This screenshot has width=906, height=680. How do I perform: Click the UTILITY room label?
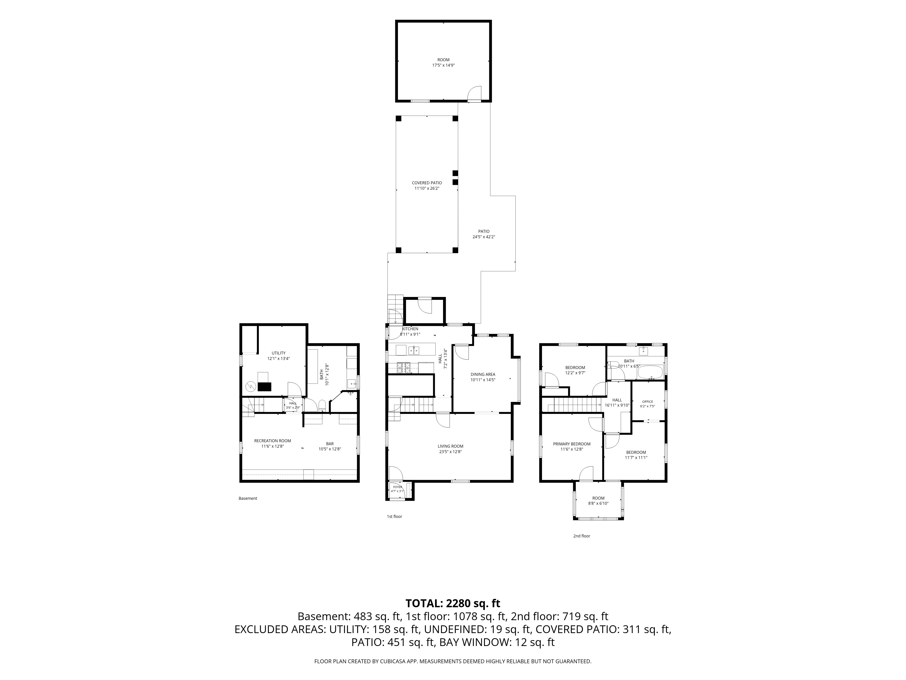coord(279,353)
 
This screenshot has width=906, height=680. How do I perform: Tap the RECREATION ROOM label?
coord(272,441)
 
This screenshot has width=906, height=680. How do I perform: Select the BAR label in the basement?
coord(330,444)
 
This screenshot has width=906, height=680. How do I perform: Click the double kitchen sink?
coord(413,350)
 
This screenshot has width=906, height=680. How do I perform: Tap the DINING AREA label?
coord(483,374)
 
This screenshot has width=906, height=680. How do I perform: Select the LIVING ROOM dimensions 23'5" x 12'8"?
coord(451,452)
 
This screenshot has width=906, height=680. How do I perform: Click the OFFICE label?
coord(648,402)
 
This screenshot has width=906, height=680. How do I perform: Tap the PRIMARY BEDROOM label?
coord(572,444)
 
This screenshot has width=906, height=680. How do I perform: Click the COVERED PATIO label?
coord(427,183)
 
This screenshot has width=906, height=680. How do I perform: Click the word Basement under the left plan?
coord(248,498)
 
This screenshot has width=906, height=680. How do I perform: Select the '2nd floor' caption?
coord(582,536)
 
